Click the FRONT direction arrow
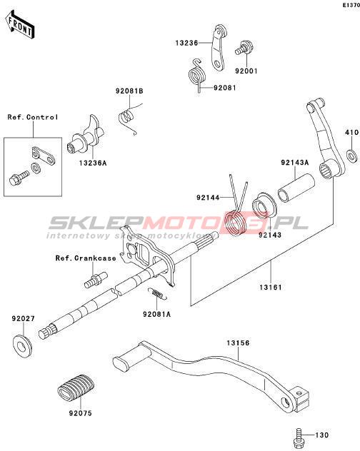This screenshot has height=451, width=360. click(x=20, y=25)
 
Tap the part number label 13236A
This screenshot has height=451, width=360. click(x=93, y=163)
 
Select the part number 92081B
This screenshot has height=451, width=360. click(x=129, y=91)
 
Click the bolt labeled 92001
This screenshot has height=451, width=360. click(x=244, y=49)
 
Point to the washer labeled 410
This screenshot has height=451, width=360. click(x=351, y=156)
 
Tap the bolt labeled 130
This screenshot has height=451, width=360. click(x=299, y=436)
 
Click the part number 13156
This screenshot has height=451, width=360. click(x=238, y=343)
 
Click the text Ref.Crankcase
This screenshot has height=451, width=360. click(x=86, y=258)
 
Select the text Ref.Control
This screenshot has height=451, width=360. click(x=33, y=117)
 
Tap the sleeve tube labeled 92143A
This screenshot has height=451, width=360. click(x=296, y=188)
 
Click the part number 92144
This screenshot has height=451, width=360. click(x=208, y=198)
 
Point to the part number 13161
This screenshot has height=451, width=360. click(x=271, y=287)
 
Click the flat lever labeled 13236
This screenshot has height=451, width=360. click(x=219, y=48)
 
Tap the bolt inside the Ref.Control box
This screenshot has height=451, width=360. click(x=19, y=178)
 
